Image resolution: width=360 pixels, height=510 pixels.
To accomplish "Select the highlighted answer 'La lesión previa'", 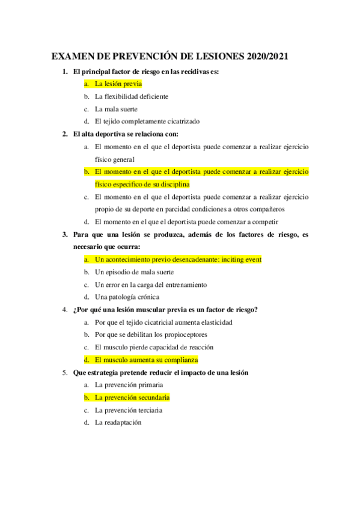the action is pyautogui.click(x=118, y=84).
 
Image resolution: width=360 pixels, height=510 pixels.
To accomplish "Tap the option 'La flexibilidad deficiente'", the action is pyautogui.click(x=132, y=96).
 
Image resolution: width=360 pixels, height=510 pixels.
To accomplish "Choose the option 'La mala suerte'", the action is pyautogui.click(x=116, y=109).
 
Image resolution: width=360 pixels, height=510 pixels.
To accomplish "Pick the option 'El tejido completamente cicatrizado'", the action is pyautogui.click(x=147, y=121).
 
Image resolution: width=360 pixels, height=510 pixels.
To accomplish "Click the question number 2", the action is pyautogui.click(x=65, y=134).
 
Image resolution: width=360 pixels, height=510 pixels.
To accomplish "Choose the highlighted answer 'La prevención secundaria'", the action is pyautogui.click(x=132, y=398).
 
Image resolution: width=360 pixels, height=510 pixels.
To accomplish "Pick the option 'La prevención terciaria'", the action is pyautogui.click(x=129, y=410).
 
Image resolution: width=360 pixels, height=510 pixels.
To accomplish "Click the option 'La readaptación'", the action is pyautogui.click(x=118, y=422).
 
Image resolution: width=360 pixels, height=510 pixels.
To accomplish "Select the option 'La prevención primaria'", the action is pyautogui.click(x=129, y=385).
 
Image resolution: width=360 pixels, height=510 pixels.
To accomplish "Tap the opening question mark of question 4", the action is pyautogui.click(x=75, y=310).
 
